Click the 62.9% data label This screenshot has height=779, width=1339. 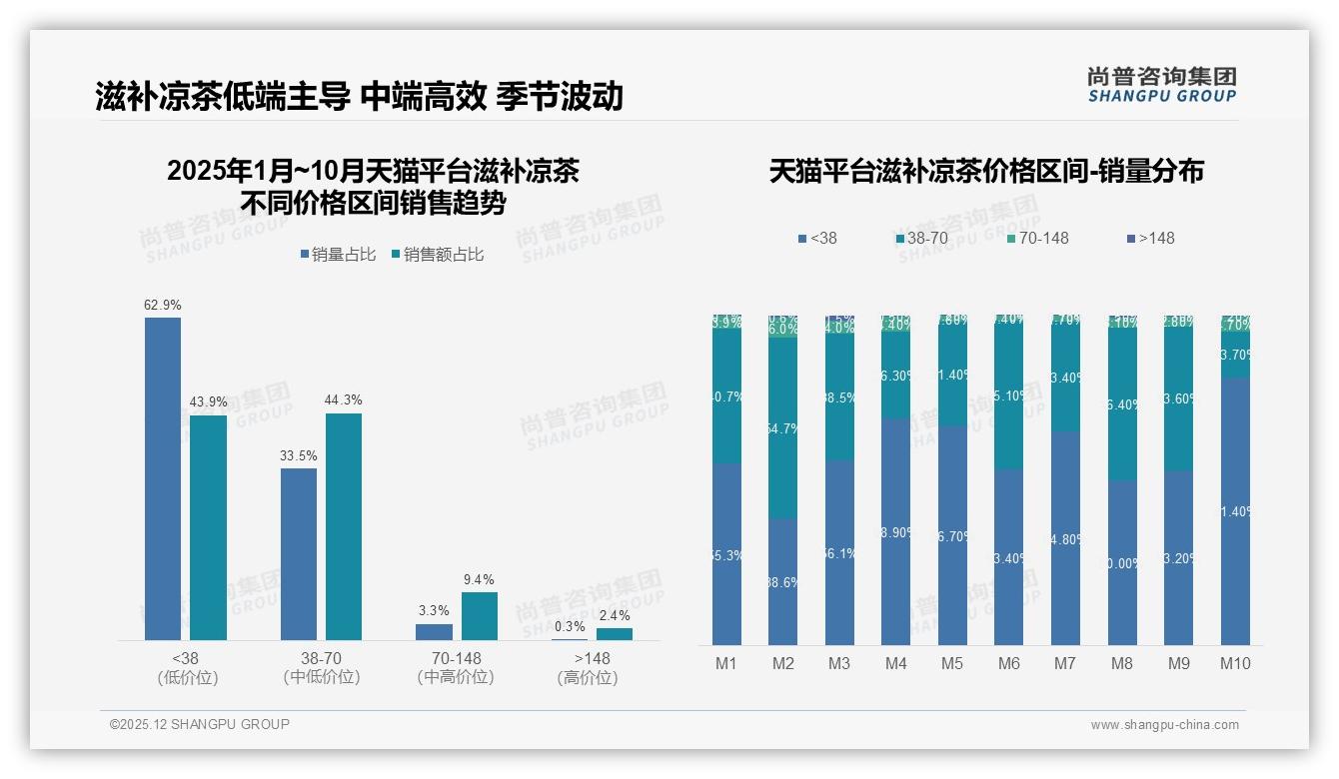point(163,305)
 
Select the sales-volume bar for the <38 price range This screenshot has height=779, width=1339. point(163,479)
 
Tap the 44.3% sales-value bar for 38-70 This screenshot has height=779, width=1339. point(344,526)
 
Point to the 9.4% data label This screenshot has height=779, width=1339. point(479,579)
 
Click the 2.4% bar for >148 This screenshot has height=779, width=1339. point(615,634)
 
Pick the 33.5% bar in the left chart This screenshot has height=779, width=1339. point(299,554)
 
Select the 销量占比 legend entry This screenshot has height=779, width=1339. point(338,255)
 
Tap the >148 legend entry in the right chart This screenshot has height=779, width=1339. point(1151,238)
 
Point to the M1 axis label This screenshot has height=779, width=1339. point(726,663)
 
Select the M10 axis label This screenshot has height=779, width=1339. point(1235,663)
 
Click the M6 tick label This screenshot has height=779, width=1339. point(1009,663)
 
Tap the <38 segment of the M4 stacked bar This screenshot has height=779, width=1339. point(896,531)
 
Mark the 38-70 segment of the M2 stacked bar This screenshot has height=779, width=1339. point(783,427)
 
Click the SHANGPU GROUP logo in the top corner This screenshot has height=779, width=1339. point(1161,84)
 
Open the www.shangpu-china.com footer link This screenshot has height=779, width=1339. point(1164,725)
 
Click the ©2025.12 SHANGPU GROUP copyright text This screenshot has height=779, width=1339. point(200,724)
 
